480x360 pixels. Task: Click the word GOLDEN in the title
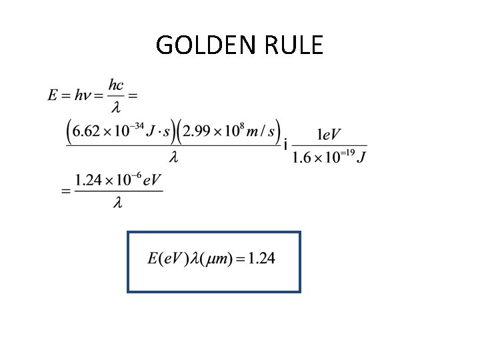(200, 45)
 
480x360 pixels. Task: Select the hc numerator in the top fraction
(115, 85)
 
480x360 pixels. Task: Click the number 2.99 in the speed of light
(200, 131)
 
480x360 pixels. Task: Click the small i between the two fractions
(285, 145)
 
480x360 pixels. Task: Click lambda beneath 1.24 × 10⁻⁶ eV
(117, 203)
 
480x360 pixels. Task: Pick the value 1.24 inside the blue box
(261, 259)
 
